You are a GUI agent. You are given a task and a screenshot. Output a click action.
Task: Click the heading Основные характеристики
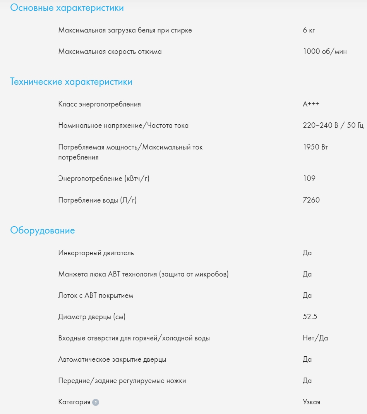[x=67, y=8]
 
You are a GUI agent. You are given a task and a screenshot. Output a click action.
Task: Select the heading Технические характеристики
[x=71, y=82]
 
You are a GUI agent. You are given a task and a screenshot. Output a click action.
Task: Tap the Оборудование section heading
[x=43, y=230]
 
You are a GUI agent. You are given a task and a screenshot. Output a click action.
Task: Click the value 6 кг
[x=309, y=30]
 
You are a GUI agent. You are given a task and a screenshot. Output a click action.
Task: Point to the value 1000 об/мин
[x=325, y=52]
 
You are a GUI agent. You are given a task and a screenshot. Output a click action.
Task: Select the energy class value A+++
[x=311, y=104]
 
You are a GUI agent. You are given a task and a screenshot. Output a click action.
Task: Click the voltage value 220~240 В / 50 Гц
[x=333, y=125]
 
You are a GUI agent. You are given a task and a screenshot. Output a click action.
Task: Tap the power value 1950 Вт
[x=316, y=147]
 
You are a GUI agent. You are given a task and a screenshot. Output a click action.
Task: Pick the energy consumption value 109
[x=309, y=179]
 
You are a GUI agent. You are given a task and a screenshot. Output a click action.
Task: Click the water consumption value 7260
[x=311, y=200]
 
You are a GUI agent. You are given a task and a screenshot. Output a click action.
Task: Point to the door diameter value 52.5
[x=310, y=317]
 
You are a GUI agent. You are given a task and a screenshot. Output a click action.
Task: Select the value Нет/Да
[x=315, y=338]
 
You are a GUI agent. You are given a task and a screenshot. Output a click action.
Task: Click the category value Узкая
[x=311, y=402]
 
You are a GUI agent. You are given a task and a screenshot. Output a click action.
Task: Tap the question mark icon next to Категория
[x=96, y=402]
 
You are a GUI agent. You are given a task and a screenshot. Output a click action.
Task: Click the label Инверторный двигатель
[x=96, y=253]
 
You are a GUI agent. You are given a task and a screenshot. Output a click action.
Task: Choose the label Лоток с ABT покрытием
[x=96, y=295]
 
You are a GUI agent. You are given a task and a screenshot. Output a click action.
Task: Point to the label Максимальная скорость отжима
[x=110, y=52]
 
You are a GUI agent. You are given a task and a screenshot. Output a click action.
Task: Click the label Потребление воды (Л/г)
[x=98, y=200]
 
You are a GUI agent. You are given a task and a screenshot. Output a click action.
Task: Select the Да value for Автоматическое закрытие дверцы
[x=307, y=359]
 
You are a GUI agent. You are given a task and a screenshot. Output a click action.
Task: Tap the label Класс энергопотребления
[x=99, y=104]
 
